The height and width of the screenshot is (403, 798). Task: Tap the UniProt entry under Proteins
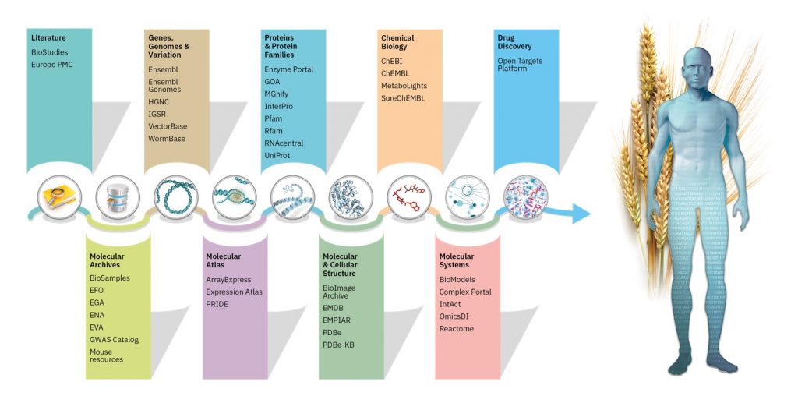279,155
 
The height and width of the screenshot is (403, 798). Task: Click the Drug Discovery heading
514,41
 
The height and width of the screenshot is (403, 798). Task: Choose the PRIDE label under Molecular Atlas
218,305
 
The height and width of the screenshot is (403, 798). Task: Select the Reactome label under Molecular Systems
457,328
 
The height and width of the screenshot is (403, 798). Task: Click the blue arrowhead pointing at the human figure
581,210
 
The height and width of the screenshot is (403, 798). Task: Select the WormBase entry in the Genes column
167,138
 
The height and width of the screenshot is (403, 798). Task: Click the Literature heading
48,37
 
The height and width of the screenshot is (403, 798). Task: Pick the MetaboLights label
404,85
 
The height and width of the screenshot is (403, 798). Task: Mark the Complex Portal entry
465,292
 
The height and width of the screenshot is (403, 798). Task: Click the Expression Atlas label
235,292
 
